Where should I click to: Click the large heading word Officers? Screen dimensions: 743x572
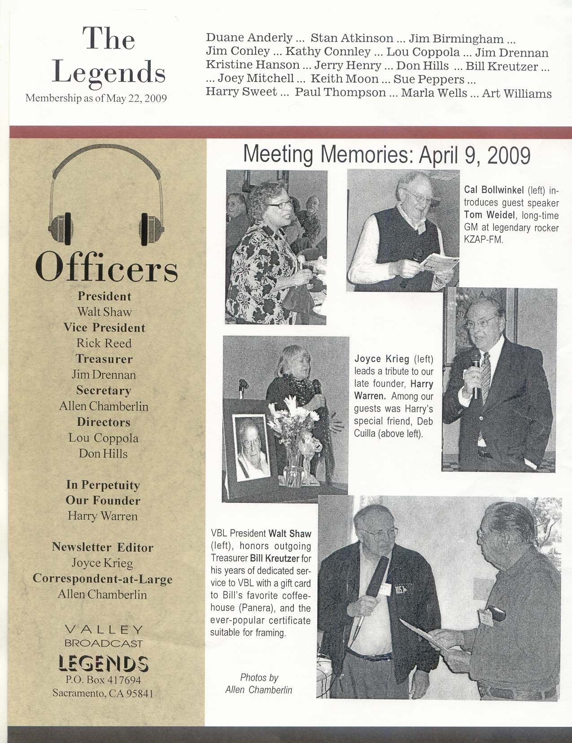tap(107, 268)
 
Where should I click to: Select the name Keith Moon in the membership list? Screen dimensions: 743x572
tap(345, 79)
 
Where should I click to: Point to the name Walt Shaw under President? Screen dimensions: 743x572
tap(104, 312)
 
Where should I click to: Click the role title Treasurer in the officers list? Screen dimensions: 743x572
tap(104, 359)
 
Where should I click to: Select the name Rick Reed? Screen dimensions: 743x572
tap(104, 343)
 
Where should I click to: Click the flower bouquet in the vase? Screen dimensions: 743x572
tap(298, 426)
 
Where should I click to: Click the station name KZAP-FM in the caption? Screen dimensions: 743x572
tap(484, 240)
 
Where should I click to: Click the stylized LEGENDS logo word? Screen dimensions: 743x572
tap(104, 663)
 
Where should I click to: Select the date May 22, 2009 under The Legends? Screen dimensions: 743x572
tap(135, 98)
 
